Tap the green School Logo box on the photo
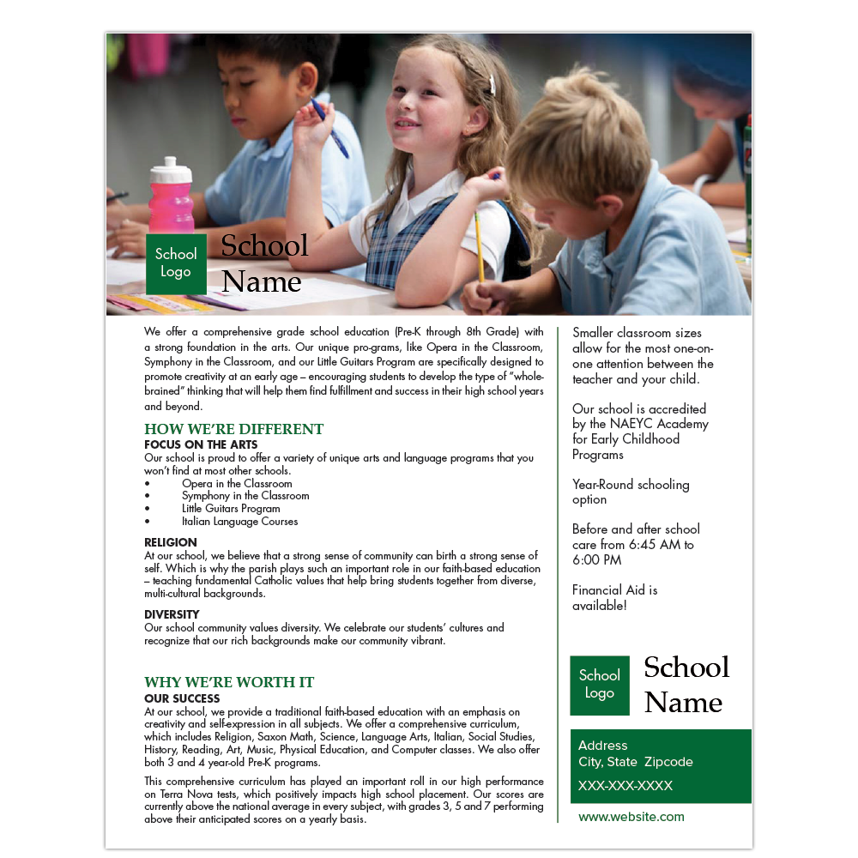click(x=176, y=263)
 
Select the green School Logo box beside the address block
click(x=599, y=685)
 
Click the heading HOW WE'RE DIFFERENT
click(x=233, y=429)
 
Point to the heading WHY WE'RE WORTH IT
click(x=229, y=682)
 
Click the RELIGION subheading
click(x=171, y=542)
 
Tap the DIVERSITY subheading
click(x=172, y=614)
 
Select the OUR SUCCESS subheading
click(x=182, y=698)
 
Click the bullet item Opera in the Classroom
click(x=237, y=483)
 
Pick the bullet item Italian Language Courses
click(x=239, y=521)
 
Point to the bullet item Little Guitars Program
click(x=231, y=508)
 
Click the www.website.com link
click(x=631, y=817)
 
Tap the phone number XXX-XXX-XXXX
click(x=625, y=786)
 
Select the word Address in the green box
click(x=602, y=746)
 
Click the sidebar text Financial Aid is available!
click(x=614, y=598)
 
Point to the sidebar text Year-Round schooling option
click(x=631, y=492)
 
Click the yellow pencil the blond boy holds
click(x=479, y=245)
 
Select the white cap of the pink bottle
click(x=170, y=165)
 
